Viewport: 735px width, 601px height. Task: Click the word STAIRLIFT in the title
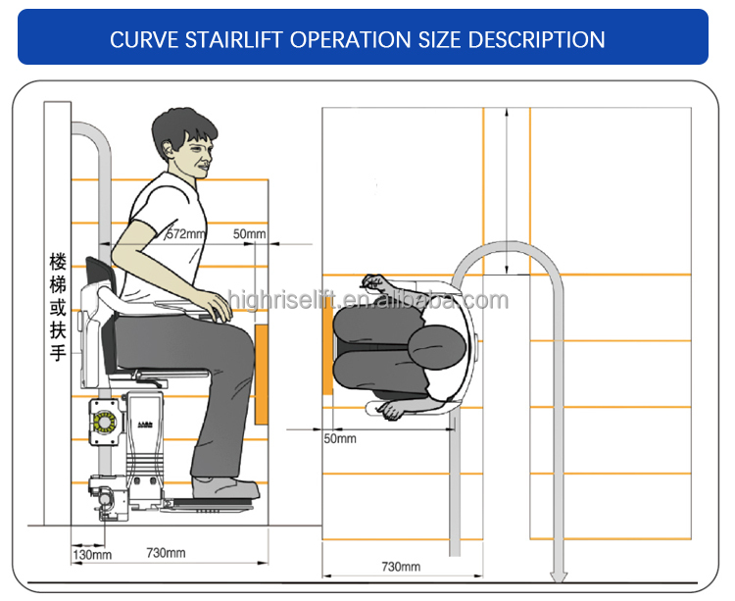click(x=233, y=39)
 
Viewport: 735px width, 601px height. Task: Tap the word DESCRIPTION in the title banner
click(x=536, y=39)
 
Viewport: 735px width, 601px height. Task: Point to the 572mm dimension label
click(x=186, y=233)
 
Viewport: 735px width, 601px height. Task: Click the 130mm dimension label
click(x=92, y=555)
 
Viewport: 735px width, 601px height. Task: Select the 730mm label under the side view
click(x=166, y=553)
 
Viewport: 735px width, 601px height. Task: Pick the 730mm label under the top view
click(x=401, y=567)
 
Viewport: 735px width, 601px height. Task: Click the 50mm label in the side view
click(x=249, y=233)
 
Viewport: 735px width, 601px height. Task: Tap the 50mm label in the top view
click(x=340, y=439)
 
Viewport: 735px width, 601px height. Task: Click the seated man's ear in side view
click(x=168, y=150)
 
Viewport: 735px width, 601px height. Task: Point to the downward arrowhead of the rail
click(x=558, y=577)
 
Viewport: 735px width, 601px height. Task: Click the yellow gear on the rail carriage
click(x=104, y=422)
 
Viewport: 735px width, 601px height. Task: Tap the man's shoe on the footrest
click(x=225, y=488)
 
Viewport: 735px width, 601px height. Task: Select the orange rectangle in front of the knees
click(x=261, y=375)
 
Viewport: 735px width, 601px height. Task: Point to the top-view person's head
click(x=437, y=346)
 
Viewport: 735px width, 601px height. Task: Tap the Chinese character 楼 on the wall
click(x=58, y=262)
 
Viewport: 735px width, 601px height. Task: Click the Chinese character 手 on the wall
click(x=58, y=352)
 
